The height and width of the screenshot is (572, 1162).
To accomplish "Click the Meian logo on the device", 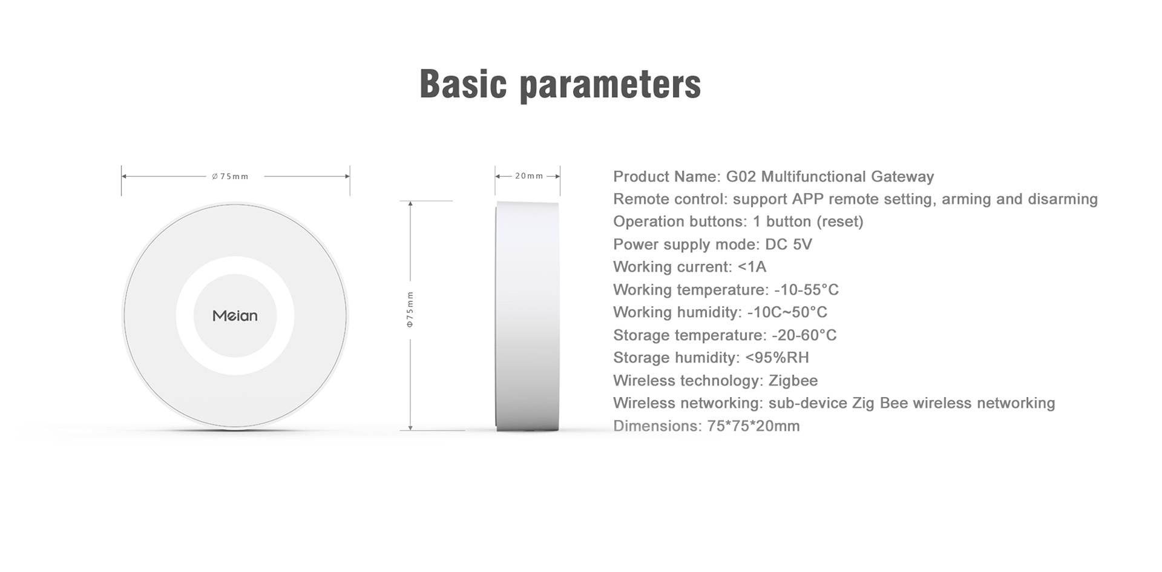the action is point(235,315).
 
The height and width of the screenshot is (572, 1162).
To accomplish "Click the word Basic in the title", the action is point(463,84).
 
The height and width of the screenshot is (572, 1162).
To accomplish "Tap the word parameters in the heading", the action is point(611,85).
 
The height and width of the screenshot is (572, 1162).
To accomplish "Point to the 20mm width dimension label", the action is point(529,176).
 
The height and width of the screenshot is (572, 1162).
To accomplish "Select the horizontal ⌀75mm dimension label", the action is point(230,177).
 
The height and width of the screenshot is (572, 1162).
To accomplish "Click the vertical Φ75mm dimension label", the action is point(410,309).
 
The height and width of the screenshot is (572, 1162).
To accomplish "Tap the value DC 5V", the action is point(789,245).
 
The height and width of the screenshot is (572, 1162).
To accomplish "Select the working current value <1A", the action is point(752,267).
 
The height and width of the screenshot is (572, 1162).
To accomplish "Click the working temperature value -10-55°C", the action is point(806,290).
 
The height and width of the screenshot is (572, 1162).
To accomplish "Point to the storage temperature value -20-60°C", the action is point(804,335).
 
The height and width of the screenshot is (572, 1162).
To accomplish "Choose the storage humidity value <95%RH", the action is point(777,358).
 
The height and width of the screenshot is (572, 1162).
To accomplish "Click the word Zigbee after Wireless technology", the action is point(793,381).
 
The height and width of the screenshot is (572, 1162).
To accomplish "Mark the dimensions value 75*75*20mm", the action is point(753,426).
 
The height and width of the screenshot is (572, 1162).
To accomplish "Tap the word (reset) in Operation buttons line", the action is point(840,222).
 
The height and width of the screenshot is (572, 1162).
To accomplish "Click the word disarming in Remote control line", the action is point(1063,199).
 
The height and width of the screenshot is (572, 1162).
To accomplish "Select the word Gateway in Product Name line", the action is point(902,177).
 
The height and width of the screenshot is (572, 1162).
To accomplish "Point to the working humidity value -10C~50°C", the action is point(787,312).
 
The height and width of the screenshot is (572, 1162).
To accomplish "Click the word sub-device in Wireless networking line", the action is point(807,403).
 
